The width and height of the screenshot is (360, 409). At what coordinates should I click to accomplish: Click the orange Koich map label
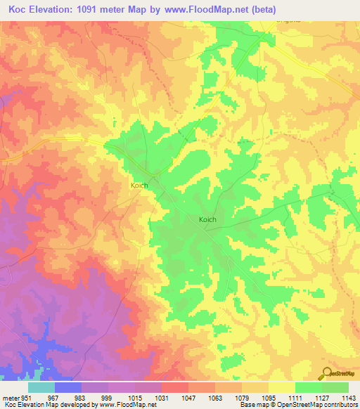pos(139,186)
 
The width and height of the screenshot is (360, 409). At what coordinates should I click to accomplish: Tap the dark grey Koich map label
pos(207,219)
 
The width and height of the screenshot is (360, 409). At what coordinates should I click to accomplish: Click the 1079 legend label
pos(240,397)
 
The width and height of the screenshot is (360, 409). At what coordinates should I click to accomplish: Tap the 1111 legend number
pos(294,397)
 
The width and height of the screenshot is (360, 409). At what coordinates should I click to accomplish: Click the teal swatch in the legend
pos(41,387)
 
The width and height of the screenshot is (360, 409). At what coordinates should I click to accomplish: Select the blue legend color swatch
pos(67,387)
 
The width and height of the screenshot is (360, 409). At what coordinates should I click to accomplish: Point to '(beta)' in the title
pos(266,10)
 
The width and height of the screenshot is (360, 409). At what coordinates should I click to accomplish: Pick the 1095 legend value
pos(267,397)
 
